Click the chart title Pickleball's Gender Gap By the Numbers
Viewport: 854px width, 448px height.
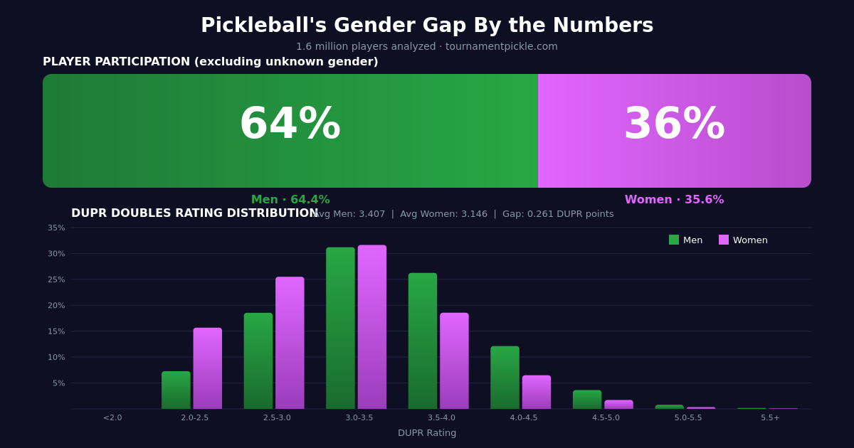427,26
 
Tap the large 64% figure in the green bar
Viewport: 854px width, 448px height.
290,125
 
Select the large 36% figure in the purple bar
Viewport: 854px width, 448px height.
674,125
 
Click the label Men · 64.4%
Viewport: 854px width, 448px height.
290,200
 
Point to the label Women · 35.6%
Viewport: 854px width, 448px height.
674,200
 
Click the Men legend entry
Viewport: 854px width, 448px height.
685,240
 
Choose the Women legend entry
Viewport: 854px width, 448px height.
743,240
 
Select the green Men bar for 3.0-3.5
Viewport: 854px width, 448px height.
340,328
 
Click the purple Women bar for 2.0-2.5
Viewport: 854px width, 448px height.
207,368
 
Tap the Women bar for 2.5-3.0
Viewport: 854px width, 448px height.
290,343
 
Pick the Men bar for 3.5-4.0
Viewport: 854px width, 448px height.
423,341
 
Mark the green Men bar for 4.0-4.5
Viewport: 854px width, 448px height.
505,378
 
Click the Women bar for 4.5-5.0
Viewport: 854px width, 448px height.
618,405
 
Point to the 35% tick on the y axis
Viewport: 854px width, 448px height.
56,228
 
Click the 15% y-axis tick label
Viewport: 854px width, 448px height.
56,331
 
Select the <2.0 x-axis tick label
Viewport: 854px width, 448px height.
112,418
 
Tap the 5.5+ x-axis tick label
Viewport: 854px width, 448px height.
770,418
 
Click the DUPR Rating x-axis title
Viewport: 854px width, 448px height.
427,433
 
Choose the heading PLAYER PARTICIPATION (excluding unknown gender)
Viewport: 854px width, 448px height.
210,62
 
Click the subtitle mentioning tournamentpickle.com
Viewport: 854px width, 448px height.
427,47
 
